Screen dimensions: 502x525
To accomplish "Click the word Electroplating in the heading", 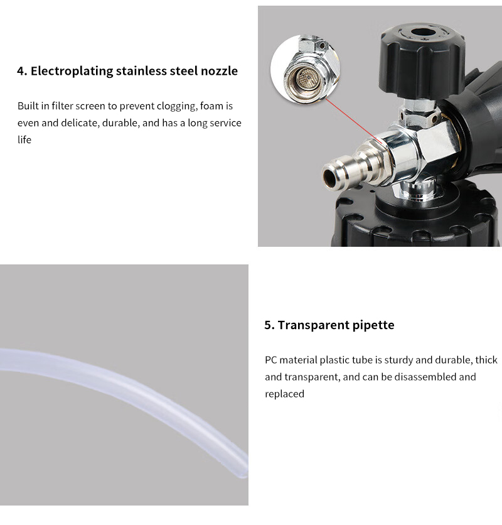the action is (x=72, y=72).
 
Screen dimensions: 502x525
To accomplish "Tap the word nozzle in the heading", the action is (x=219, y=71).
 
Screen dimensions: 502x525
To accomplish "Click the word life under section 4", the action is (x=24, y=139).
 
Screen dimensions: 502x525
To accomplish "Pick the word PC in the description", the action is (x=270, y=360).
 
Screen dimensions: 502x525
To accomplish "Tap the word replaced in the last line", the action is (x=284, y=394).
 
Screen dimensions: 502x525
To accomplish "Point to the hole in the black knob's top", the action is (x=423, y=33).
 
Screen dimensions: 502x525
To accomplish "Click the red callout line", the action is (x=353, y=121).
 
